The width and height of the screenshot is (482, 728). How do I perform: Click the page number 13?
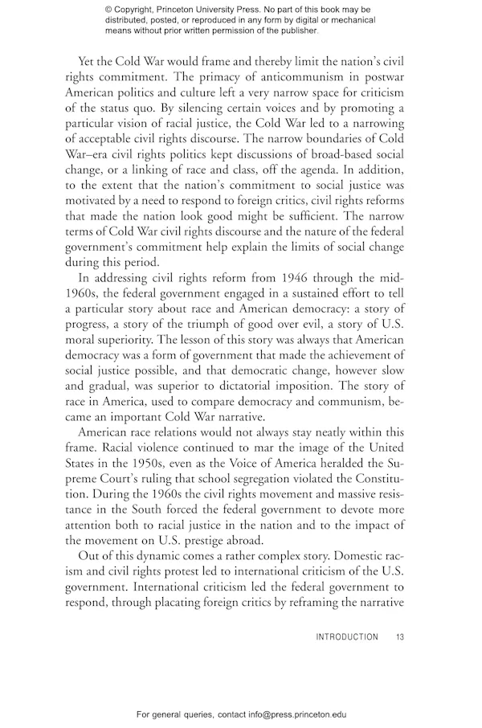pyautogui.click(x=399, y=637)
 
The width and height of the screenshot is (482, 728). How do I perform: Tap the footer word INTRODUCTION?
pyautogui.click(x=346, y=637)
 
